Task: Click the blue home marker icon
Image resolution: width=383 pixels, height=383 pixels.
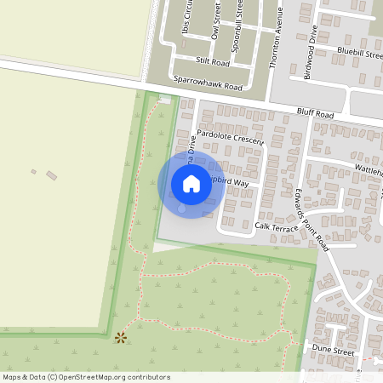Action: (191, 184)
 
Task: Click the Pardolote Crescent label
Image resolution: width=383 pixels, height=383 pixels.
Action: (230, 135)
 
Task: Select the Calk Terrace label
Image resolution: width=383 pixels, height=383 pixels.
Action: (277, 226)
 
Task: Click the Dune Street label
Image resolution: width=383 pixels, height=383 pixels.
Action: (332, 350)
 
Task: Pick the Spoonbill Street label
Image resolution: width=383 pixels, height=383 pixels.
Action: (240, 20)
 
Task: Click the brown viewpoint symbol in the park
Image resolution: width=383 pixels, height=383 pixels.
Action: (120, 338)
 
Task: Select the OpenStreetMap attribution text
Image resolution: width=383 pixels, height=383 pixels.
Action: (86, 377)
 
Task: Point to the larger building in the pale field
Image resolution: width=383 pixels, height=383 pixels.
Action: (52, 176)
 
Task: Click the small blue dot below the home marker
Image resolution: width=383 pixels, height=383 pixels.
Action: (180, 208)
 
